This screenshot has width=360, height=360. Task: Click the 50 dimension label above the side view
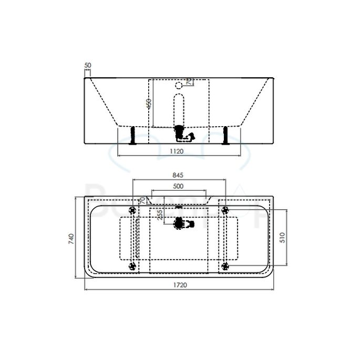point(88,65)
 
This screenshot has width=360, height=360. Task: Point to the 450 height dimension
point(149,104)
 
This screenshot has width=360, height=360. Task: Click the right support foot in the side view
point(225,136)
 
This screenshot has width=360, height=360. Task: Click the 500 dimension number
point(178,186)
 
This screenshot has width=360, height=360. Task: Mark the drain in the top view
point(180,223)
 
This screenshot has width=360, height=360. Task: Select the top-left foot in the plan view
point(132,210)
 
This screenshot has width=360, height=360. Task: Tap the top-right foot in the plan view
point(225,210)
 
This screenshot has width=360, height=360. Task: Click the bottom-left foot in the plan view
point(132,266)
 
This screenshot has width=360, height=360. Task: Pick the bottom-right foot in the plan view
point(225,266)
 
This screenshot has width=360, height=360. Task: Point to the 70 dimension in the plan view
point(142,201)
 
